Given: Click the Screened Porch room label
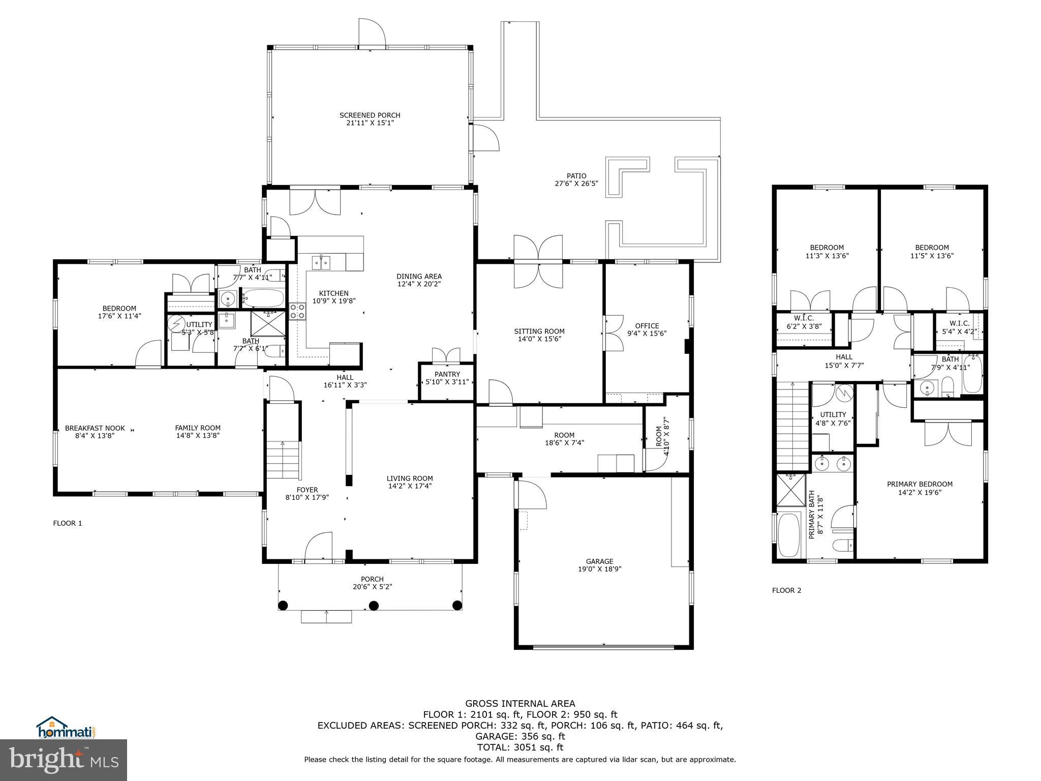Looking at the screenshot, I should click(370, 115).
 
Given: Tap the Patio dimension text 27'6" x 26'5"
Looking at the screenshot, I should click(576, 184).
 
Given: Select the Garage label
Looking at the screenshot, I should click(599, 561).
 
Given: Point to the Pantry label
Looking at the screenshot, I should click(447, 374).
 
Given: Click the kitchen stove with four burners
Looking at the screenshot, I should click(297, 311).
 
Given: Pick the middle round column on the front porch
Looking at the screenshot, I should click(374, 605).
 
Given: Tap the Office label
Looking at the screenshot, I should click(647, 326).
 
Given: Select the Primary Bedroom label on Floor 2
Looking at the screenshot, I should click(920, 484).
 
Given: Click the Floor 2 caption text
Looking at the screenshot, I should click(786, 590).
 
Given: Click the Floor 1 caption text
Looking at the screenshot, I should click(68, 523).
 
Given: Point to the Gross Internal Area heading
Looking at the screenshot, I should click(520, 704).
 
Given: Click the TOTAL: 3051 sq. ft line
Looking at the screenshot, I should click(520, 747).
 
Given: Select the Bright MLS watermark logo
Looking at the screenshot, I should click(64, 760).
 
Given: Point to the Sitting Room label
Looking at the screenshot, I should click(539, 332).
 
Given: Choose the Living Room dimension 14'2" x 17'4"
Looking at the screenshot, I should click(410, 486).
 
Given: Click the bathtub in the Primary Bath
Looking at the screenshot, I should click(789, 535).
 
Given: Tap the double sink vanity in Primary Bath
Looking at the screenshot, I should click(833, 464).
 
